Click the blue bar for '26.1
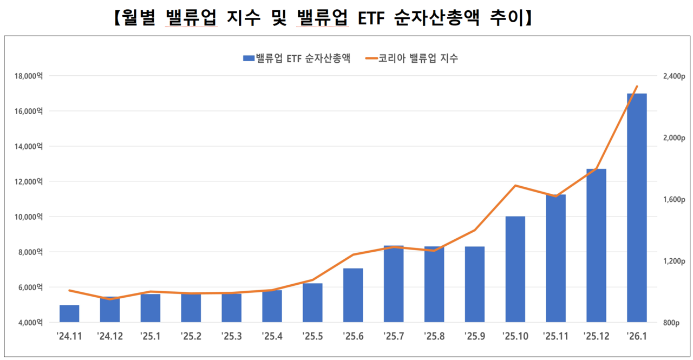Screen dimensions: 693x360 (x=637, y=208)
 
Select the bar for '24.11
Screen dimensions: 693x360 (x=69, y=313)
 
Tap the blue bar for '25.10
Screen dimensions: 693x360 (x=515, y=270)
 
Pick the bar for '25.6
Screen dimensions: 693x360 (x=353, y=296)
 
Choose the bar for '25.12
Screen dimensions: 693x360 (x=596, y=246)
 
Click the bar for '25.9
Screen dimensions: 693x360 (x=475, y=284)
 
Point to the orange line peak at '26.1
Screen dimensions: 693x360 (x=637, y=86)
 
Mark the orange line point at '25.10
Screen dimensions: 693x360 (x=515, y=186)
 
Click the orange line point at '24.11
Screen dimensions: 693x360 (x=69, y=290)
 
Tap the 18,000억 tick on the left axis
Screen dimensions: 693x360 (x=29, y=76)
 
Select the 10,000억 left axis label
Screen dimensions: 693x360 (x=29, y=217)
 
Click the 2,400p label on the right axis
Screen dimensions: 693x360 (x=674, y=76)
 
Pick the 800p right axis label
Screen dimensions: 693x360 (x=671, y=323)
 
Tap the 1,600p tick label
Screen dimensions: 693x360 (x=674, y=199)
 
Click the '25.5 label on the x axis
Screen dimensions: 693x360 (x=312, y=336)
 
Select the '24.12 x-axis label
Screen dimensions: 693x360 (x=110, y=336)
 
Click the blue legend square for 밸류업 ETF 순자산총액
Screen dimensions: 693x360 (x=249, y=58)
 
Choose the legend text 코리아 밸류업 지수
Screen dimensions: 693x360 (x=418, y=58)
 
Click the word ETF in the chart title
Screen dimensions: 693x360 (x=371, y=18)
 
